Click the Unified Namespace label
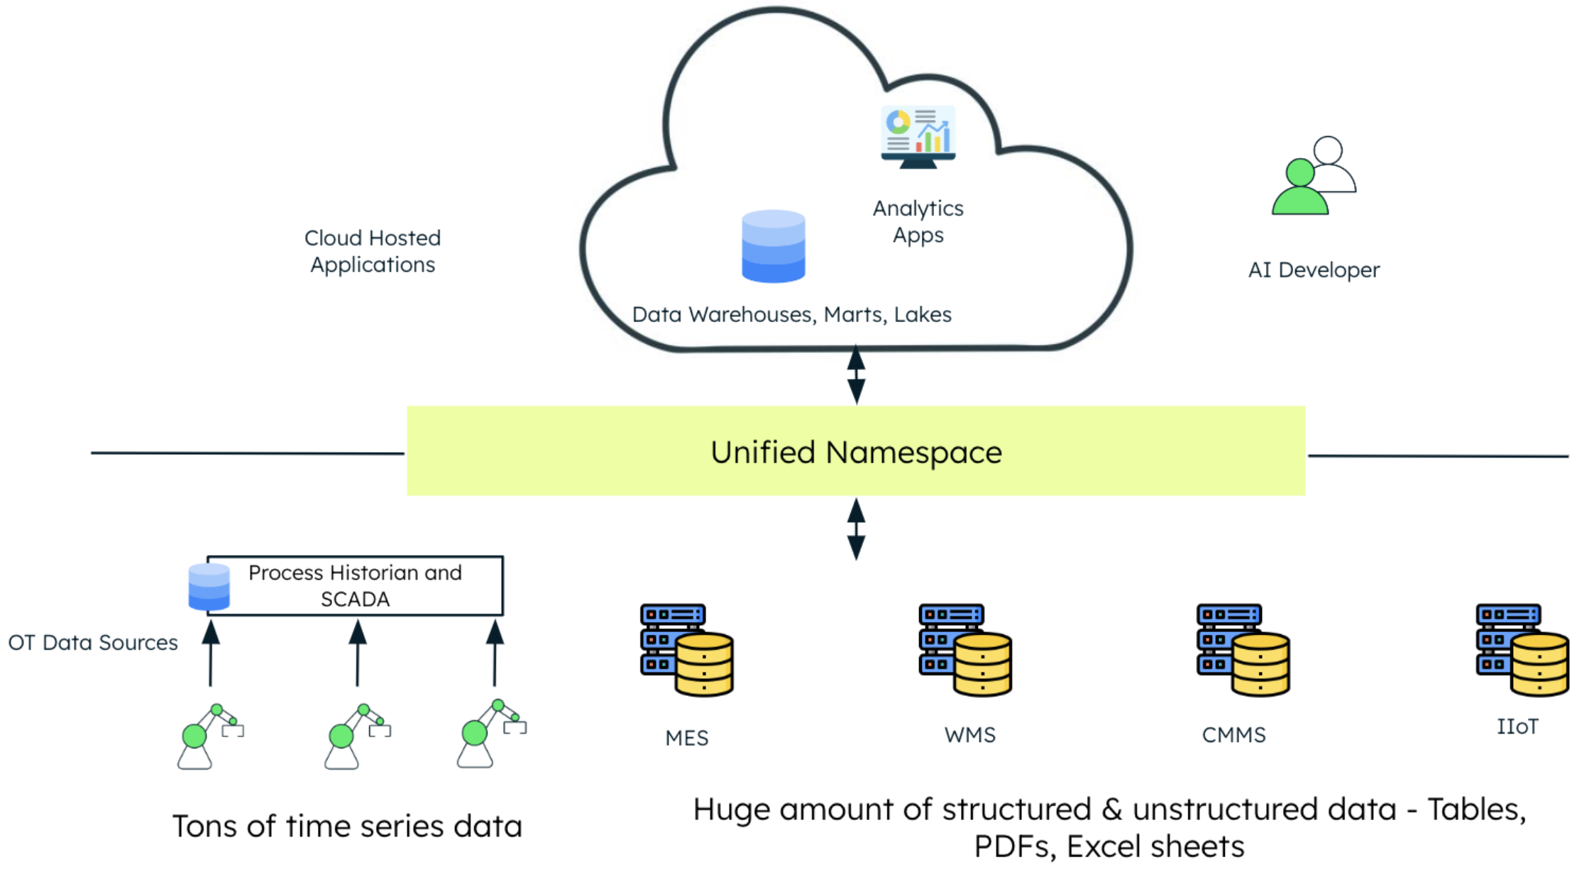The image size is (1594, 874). click(856, 453)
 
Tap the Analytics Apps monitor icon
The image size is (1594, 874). click(918, 137)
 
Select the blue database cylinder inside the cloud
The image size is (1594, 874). click(773, 246)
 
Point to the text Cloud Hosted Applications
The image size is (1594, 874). click(373, 251)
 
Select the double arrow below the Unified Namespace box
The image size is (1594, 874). click(856, 529)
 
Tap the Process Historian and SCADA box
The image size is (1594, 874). click(355, 586)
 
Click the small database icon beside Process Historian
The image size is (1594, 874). click(209, 587)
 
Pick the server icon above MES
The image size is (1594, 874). click(686, 650)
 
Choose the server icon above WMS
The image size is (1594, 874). click(965, 650)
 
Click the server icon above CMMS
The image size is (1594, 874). click(1243, 650)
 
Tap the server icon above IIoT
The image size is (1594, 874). click(1522, 650)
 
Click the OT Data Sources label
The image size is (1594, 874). click(93, 643)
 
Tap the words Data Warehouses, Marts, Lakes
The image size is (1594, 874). click(791, 314)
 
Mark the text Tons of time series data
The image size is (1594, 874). click(347, 826)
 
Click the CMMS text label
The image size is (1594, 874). click(1233, 735)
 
